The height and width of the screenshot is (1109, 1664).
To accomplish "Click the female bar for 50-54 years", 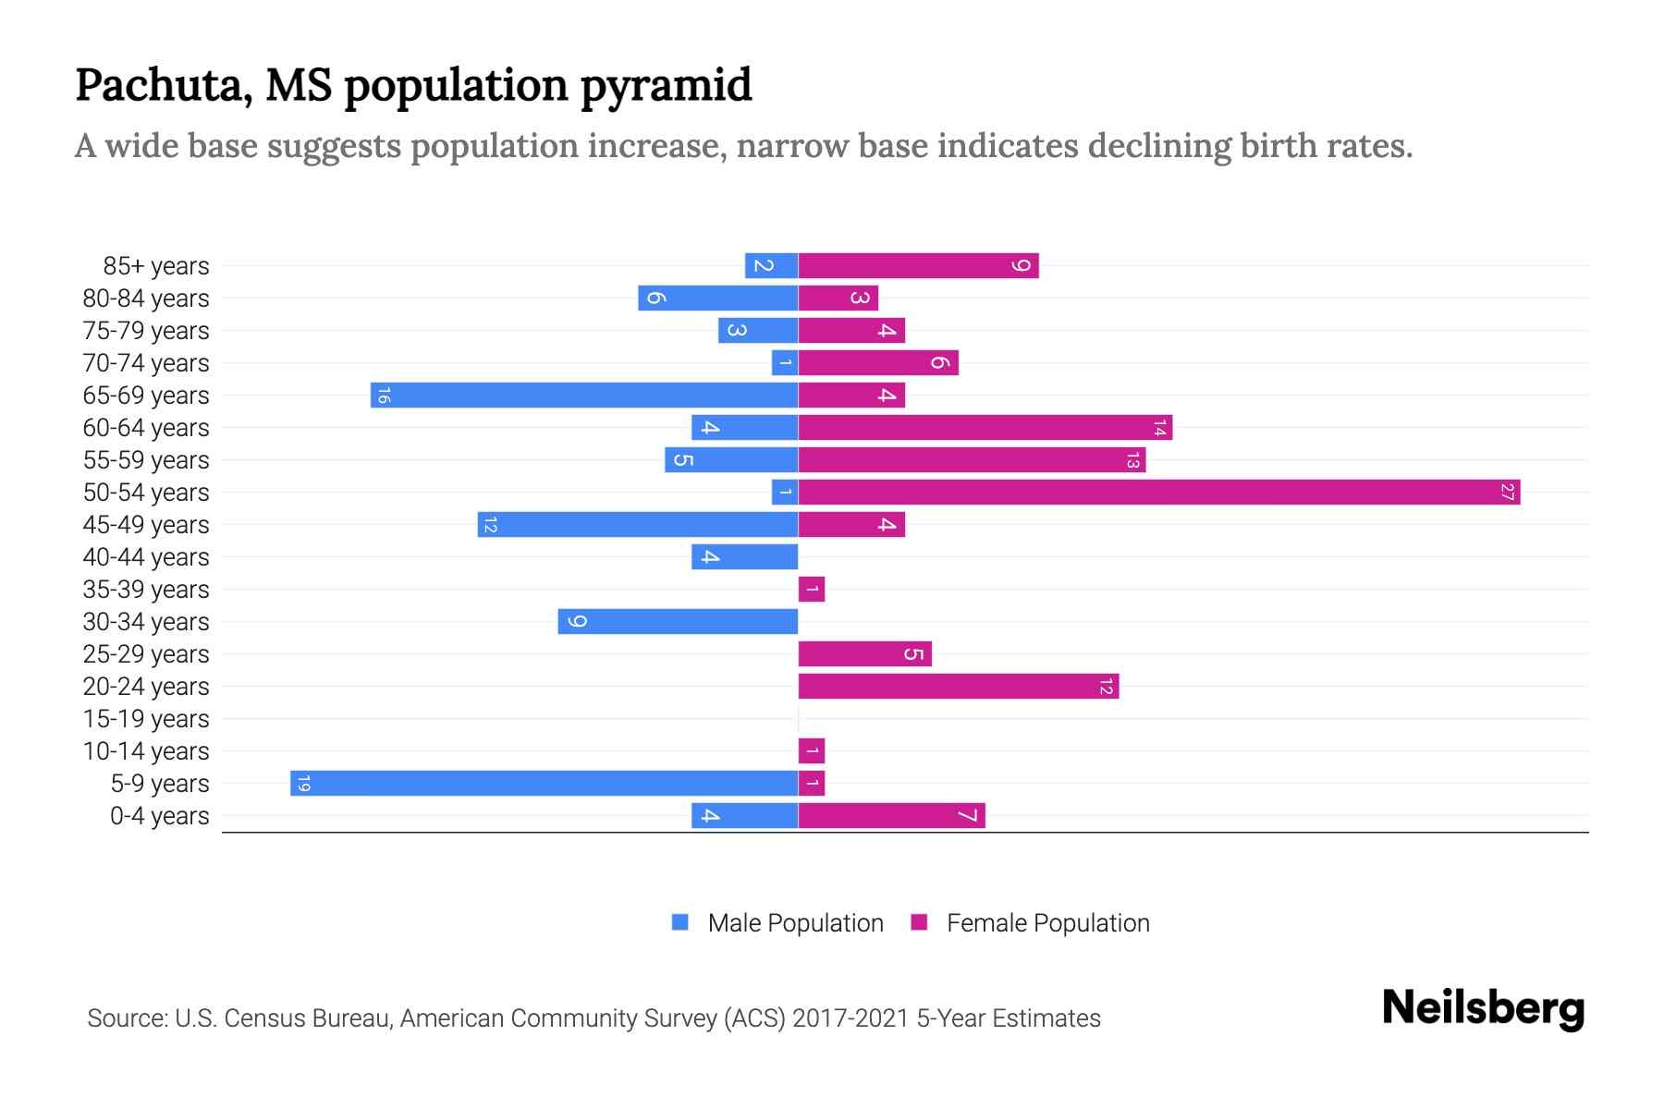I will (1159, 493).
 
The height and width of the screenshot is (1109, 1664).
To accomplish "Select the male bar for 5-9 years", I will (544, 784).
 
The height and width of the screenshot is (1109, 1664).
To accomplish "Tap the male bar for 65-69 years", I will (584, 396).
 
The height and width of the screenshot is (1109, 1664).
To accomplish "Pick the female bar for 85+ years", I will (918, 266).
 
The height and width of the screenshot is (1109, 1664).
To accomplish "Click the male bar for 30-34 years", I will (678, 622).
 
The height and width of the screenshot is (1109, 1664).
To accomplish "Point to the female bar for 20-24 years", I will (959, 687).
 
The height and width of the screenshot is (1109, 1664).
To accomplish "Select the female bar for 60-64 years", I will (985, 428).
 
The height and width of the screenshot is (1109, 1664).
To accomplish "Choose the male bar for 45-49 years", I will (638, 525).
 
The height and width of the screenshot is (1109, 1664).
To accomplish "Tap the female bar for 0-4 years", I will (892, 816).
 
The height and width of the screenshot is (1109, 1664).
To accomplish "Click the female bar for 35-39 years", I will (812, 590).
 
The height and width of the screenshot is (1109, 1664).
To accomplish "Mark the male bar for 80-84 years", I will (718, 299).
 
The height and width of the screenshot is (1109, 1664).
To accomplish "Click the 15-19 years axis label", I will (146, 719).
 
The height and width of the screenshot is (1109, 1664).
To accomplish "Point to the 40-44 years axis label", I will (146, 557).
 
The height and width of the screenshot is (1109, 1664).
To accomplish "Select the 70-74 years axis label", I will (146, 363).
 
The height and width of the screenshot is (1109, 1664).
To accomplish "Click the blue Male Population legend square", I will (680, 922).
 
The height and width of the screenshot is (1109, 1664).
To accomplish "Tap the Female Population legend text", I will (1047, 923).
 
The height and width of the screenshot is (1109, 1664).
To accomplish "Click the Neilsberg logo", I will (1483, 1008).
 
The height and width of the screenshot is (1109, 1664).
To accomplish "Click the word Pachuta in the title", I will (163, 86).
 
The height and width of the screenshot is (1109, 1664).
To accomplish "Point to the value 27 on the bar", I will (1508, 493).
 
